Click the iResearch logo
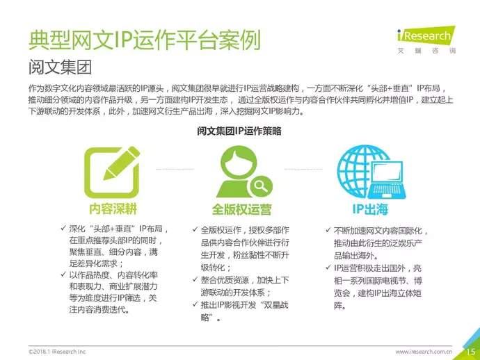coord(426,40)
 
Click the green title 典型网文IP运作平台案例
coord(145,40)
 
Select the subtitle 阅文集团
coord(60,67)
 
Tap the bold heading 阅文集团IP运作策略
coord(239,131)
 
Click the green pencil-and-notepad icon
coord(112,172)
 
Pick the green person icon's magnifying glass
coord(260,186)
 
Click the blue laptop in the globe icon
coord(386,180)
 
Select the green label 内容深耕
coord(113,209)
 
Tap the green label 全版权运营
coord(241,210)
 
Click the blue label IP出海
coord(370,209)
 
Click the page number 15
coord(470,352)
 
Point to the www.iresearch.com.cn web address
coord(424,352)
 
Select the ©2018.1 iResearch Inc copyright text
coord(57,352)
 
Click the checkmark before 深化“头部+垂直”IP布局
coord(63,228)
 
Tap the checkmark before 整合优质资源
coord(195,279)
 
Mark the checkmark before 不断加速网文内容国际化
coord(328,230)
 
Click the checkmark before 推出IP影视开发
coord(195,304)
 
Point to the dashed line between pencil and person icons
coord(175,169)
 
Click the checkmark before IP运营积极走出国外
coord(328,268)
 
